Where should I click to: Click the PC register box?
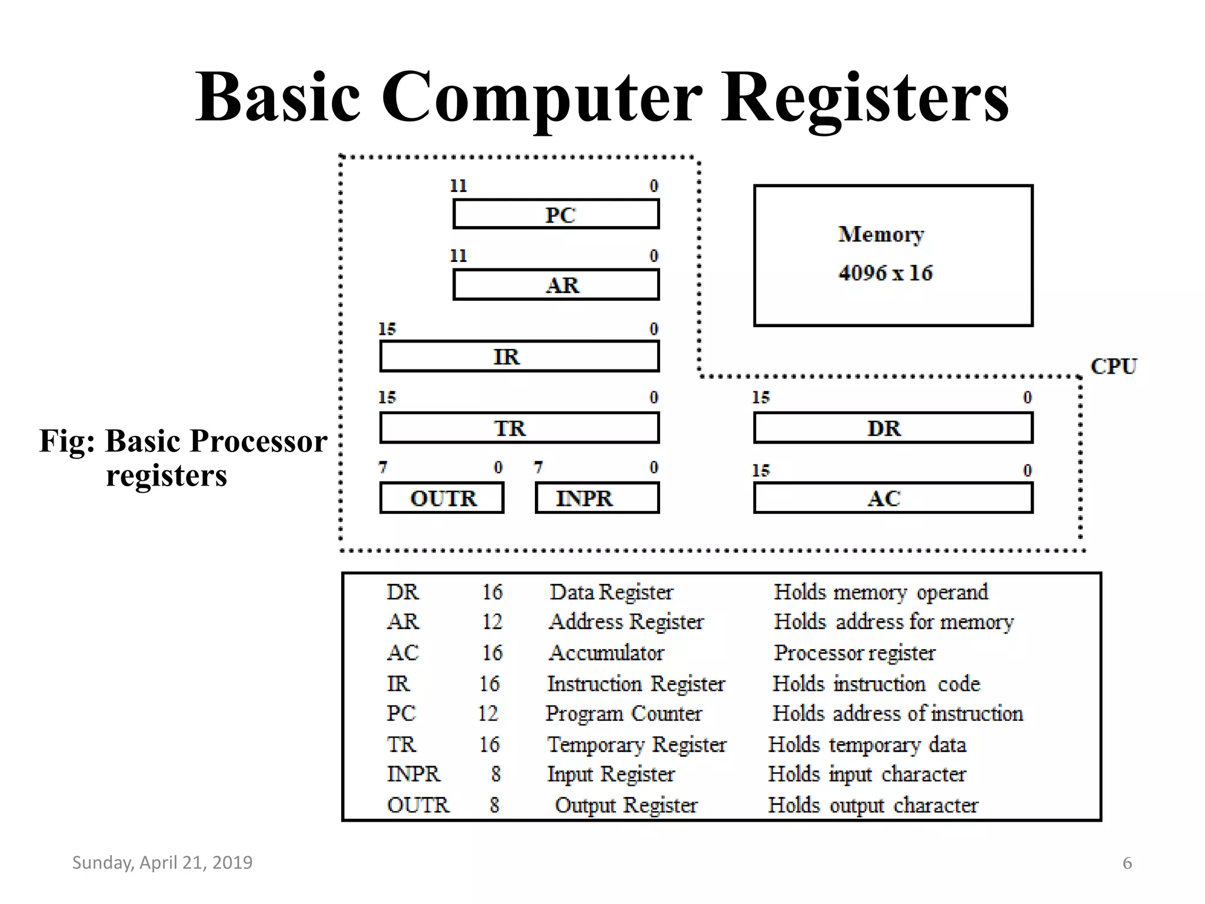(x=556, y=214)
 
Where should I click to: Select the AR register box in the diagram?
(x=556, y=285)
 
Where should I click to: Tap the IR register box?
(x=519, y=357)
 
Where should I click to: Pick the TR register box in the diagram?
(x=519, y=428)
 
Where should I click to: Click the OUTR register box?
(x=442, y=498)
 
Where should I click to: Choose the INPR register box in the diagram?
(x=597, y=498)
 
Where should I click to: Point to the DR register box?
(x=893, y=428)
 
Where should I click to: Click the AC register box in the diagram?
(x=893, y=498)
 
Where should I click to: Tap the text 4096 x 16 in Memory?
(x=886, y=273)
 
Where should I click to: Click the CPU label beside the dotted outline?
(x=1113, y=366)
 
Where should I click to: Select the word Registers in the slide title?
(x=865, y=97)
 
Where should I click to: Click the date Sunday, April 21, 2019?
(x=162, y=863)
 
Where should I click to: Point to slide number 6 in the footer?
(x=1127, y=863)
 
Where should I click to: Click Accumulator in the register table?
(x=606, y=653)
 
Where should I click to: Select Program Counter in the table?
(x=624, y=714)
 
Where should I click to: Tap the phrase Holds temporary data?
(x=867, y=745)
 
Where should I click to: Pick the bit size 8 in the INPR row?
(x=495, y=775)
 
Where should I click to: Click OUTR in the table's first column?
(x=418, y=805)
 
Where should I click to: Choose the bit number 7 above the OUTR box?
(x=383, y=467)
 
